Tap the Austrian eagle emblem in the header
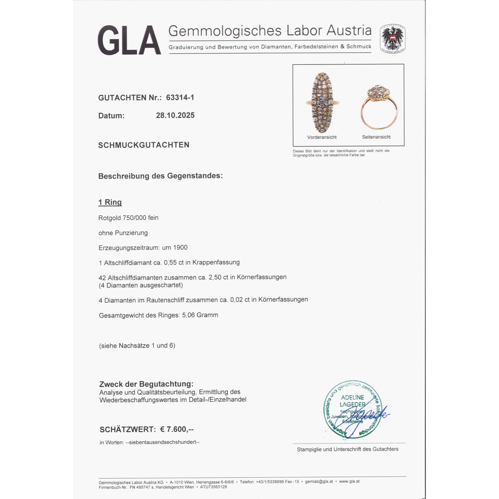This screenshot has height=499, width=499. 392,39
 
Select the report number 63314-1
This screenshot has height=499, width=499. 180,97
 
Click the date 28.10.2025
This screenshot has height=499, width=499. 175,115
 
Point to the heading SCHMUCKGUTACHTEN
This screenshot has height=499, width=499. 144,145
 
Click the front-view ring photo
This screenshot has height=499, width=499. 322,103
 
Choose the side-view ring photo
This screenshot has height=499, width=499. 379,107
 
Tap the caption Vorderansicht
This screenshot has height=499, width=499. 322,137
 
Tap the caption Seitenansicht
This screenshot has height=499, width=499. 376,137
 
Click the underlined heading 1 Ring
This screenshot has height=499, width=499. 110,202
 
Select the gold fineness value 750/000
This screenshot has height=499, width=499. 134,218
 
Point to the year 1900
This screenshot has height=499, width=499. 180,248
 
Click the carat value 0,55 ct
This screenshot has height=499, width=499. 174,262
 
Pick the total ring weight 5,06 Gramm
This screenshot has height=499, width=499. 200,315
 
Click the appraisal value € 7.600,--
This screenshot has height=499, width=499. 177,429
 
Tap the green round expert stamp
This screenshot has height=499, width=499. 353,410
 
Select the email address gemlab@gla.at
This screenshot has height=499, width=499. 319,482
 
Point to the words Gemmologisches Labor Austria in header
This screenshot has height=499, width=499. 270,31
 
